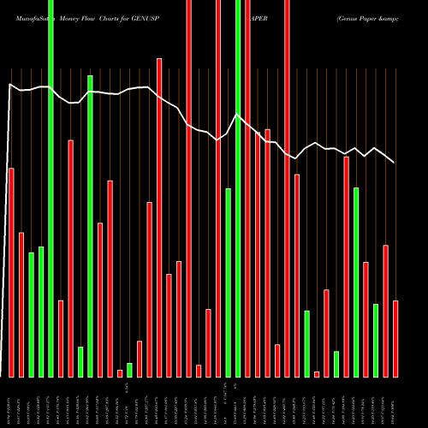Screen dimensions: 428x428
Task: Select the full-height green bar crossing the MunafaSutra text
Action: point(51,188)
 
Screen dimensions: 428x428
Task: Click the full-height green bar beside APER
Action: point(238,188)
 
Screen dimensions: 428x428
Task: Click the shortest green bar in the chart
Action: point(130,370)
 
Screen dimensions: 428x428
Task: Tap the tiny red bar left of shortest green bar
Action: point(120,372)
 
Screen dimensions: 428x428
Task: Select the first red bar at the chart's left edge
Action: point(12,272)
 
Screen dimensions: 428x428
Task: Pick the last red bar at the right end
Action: point(395,338)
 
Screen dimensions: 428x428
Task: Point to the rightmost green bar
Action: point(376,340)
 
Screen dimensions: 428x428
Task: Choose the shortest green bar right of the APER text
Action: point(336,364)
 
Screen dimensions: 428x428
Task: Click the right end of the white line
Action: point(394,162)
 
